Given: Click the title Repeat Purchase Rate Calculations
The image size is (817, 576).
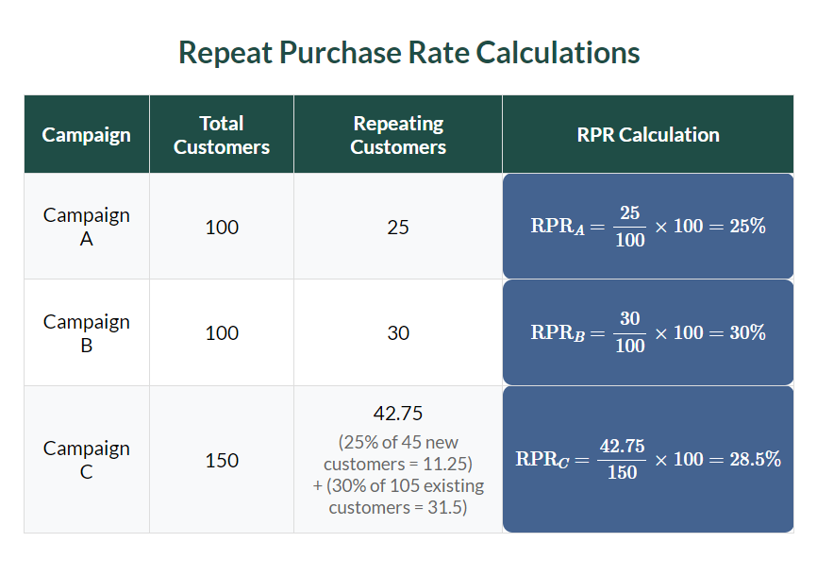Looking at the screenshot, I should (x=408, y=52).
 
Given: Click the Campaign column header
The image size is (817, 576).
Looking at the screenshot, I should (x=86, y=135).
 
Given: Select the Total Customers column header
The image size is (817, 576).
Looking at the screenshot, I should (x=222, y=135).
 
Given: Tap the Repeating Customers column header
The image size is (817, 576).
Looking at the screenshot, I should (x=398, y=135).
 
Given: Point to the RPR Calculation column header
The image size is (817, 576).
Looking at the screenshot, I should (x=648, y=135).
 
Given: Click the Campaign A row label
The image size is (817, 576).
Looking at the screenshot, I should (x=87, y=227).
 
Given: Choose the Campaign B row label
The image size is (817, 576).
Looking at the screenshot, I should (x=87, y=332).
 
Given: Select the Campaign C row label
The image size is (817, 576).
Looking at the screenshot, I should (x=87, y=460).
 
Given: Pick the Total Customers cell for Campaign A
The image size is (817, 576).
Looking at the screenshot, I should (x=222, y=228).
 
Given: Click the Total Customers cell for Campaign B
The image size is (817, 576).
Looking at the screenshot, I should (x=222, y=333).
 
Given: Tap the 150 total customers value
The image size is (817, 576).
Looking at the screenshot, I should (x=222, y=461).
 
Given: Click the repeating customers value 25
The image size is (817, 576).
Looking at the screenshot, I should (x=398, y=228).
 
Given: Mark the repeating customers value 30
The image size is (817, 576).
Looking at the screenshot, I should (x=398, y=333).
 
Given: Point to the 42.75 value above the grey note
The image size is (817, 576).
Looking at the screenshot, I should (x=398, y=414).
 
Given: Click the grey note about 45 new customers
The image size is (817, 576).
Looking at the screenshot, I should (x=398, y=453).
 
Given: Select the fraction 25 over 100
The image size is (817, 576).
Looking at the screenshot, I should (x=630, y=228).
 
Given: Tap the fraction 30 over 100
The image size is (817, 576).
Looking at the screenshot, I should (x=630, y=333).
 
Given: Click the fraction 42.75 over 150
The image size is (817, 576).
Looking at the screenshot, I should (x=622, y=460).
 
